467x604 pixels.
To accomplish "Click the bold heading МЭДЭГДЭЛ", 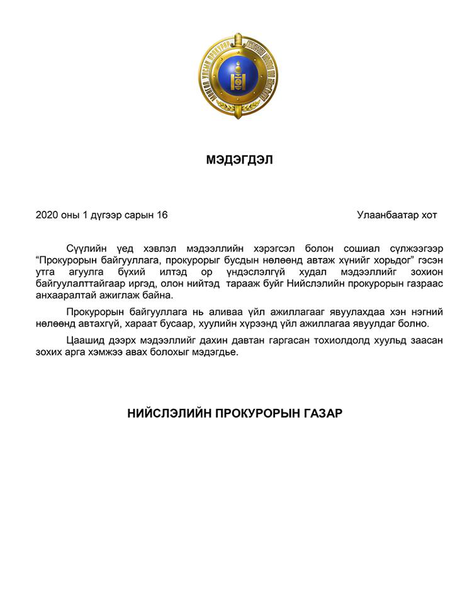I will tap(239, 160).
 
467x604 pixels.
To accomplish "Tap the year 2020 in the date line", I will tap(47, 215).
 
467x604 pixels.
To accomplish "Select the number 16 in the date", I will tap(162, 215).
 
